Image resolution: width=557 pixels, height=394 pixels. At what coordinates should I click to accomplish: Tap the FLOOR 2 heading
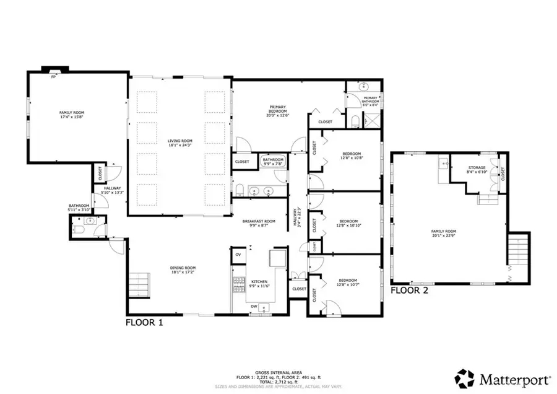(409, 289)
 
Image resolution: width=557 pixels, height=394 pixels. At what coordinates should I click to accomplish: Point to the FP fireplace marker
(53, 76)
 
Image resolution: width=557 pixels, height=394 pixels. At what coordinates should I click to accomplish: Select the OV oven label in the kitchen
(238, 255)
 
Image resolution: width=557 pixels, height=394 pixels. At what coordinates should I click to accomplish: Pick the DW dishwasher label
(254, 306)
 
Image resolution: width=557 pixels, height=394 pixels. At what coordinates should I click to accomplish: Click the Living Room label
(180, 143)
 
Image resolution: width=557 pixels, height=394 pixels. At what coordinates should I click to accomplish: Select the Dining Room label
(183, 269)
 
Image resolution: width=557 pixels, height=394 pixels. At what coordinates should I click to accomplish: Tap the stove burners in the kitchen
(237, 284)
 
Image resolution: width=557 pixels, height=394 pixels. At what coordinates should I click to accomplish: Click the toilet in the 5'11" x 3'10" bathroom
(78, 230)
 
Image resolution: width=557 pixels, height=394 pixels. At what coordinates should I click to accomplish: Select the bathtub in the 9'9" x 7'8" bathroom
(273, 162)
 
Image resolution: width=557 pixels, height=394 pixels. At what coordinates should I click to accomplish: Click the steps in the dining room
(140, 286)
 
